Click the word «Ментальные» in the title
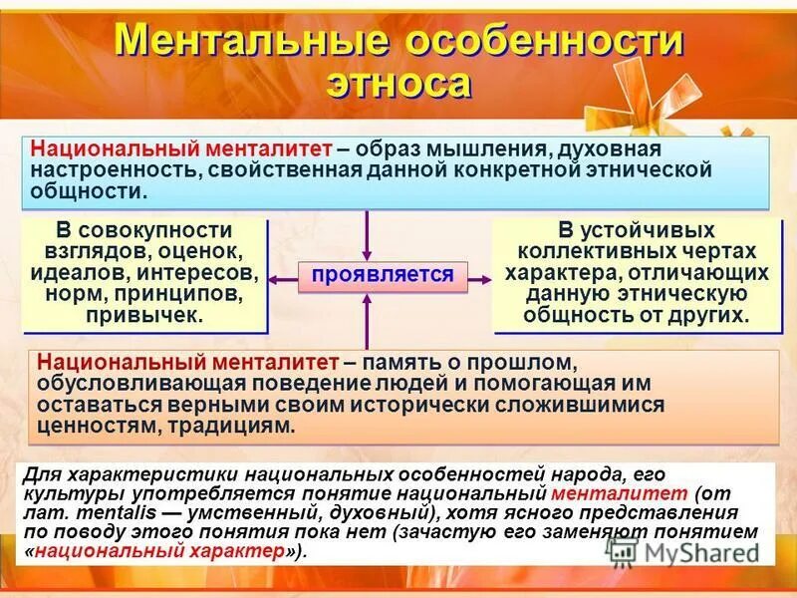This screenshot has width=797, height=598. click(248, 43)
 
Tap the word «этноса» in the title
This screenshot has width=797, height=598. click(398, 83)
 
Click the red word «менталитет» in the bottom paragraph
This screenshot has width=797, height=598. click(619, 493)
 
